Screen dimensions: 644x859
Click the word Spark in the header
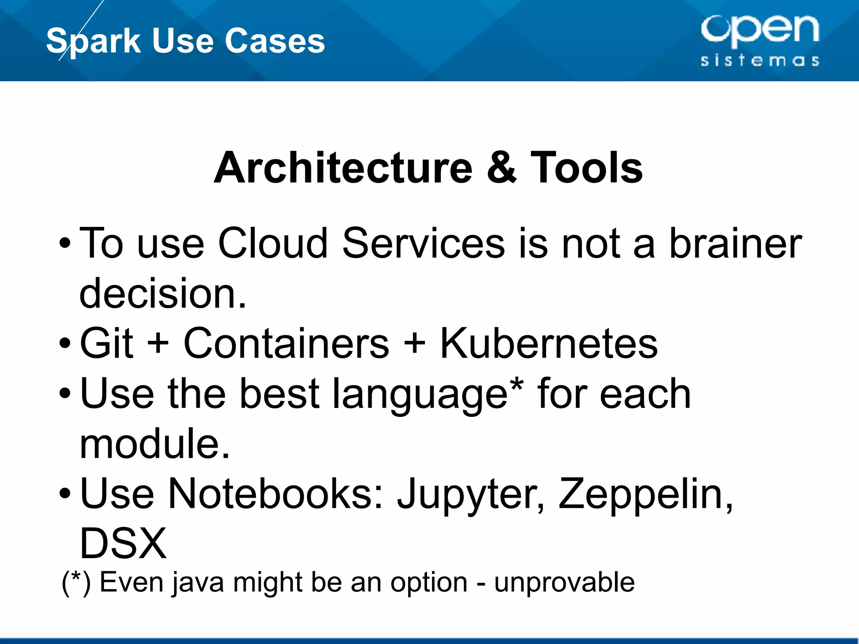(93, 41)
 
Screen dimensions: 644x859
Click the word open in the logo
(760, 29)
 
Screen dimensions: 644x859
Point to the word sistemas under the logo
(760, 60)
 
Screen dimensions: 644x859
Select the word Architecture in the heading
(343, 168)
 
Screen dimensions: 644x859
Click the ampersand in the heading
(501, 168)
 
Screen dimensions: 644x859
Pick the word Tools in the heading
(586, 168)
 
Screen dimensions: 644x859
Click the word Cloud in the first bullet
(273, 243)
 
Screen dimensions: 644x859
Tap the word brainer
(735, 243)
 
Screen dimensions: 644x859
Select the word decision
(163, 293)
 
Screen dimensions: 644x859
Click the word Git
(107, 343)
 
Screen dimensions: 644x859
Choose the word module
(154, 444)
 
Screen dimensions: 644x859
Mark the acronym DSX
(123, 544)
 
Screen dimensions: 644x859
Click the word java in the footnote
(198, 583)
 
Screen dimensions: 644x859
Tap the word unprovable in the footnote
(564, 583)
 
